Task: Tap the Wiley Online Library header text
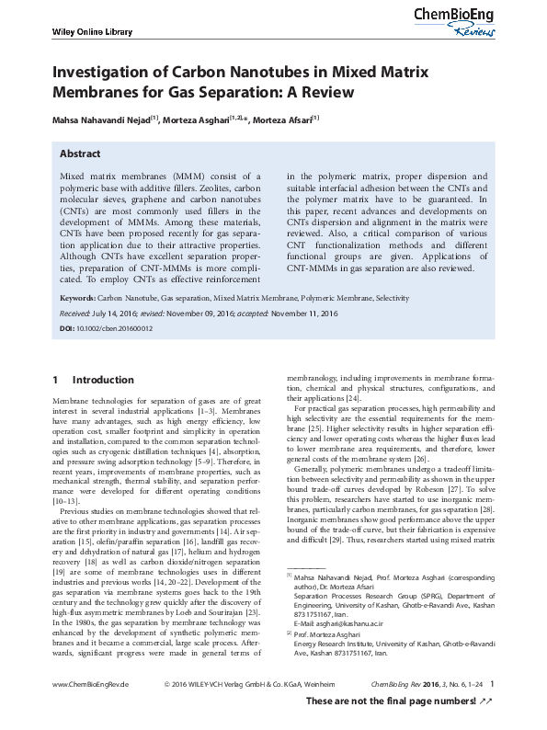85,34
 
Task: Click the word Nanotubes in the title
232,72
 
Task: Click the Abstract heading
80,154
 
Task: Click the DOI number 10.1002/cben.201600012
116,328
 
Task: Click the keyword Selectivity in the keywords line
393,300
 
